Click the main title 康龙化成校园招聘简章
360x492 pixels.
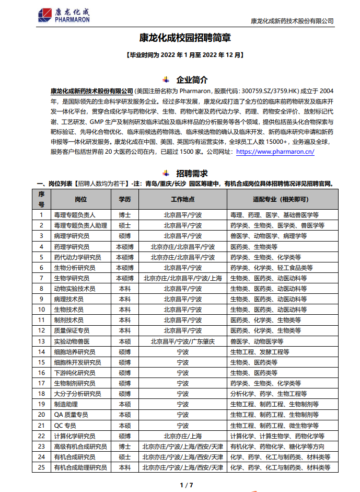pyautogui.click(x=185, y=38)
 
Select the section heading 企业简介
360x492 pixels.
pyautogui.click(x=192, y=80)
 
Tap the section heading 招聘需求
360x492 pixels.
pyautogui.click(x=192, y=173)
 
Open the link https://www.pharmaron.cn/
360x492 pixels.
pyautogui.click(x=275, y=152)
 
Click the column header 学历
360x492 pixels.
pyautogui.click(x=124, y=199)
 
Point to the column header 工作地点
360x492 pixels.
pyautogui.click(x=182, y=199)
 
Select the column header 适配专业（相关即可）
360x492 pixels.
pyautogui.click(x=281, y=199)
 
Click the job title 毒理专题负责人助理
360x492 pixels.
pyautogui.click(x=80, y=225)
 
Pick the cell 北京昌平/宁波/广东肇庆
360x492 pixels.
pyautogui.click(x=182, y=341)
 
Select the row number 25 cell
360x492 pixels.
pyautogui.click(x=41, y=467)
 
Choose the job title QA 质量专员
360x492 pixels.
pyautogui.click(x=71, y=415)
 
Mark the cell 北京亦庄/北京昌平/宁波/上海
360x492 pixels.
pyautogui.click(x=182, y=278)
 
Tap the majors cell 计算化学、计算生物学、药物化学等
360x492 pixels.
pyautogui.click(x=277, y=436)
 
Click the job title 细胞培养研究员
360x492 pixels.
pyautogui.click(x=77, y=352)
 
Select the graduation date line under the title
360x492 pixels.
pyautogui.click(x=185, y=54)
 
